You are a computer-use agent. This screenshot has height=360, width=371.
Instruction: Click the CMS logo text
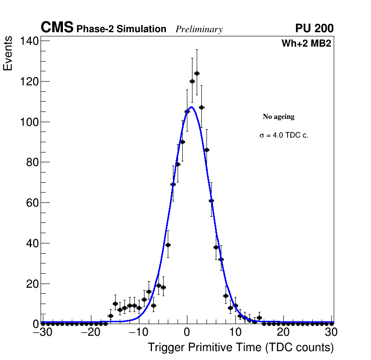(57, 28)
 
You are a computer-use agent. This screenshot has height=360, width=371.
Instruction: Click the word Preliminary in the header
(199, 29)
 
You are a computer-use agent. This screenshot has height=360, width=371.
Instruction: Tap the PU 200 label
(314, 28)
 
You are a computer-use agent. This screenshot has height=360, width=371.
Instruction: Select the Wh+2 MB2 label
(306, 44)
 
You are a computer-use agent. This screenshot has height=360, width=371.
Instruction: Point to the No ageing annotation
(279, 117)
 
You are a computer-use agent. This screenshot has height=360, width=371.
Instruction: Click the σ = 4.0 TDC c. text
(284, 136)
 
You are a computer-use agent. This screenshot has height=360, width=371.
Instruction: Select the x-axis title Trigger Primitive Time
(240, 347)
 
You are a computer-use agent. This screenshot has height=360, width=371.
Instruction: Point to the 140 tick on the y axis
(29, 41)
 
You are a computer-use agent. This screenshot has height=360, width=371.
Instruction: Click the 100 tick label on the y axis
(29, 122)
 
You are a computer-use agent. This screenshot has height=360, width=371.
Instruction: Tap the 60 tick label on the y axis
(32, 203)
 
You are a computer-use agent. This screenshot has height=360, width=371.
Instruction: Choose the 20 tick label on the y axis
(32, 284)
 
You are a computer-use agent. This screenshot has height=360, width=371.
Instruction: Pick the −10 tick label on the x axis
(137, 332)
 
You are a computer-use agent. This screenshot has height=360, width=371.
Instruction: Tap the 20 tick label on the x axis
(283, 332)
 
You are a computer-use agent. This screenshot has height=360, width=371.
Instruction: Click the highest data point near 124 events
(197, 73)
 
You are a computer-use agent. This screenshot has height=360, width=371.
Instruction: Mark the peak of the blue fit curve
(191, 107)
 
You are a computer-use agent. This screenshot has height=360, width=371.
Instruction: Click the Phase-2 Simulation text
(121, 29)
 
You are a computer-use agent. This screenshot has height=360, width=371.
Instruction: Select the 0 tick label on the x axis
(187, 332)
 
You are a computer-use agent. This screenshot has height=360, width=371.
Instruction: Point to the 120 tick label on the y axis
(29, 82)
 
